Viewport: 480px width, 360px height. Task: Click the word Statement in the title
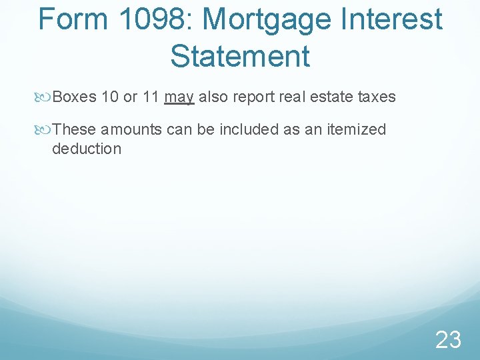240,55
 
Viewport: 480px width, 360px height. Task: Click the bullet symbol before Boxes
44,97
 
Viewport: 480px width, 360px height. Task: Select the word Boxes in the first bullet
75,97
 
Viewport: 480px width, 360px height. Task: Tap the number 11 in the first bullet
151,97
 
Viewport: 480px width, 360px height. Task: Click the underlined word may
179,97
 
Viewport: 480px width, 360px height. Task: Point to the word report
255,97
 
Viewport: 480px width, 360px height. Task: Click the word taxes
377,97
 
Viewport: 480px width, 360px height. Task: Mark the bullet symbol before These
44,129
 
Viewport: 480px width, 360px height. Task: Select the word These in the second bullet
74,129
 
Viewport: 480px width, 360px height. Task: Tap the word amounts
131,129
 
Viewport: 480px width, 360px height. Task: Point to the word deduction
87,148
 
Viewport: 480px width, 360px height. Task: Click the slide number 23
448,340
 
